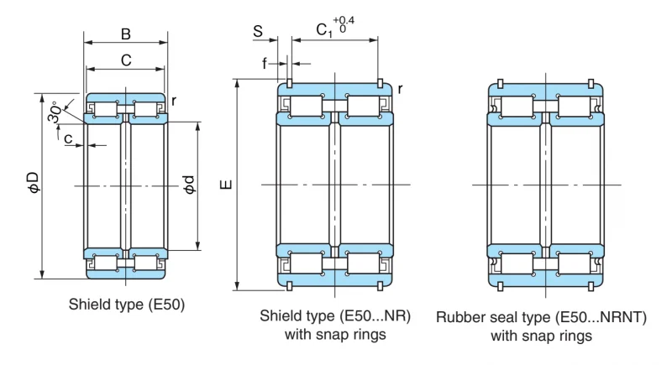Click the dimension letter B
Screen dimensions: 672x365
(x=125, y=34)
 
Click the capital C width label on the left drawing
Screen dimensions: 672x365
(x=125, y=60)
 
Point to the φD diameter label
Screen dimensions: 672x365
(x=34, y=183)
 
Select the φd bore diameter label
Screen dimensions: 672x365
(x=189, y=185)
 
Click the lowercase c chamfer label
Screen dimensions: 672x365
(x=68, y=138)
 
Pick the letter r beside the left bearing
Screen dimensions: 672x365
(x=174, y=101)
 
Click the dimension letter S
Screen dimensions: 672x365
(x=258, y=31)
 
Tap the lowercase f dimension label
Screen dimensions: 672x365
(x=265, y=63)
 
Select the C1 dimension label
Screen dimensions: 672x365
(x=323, y=30)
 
